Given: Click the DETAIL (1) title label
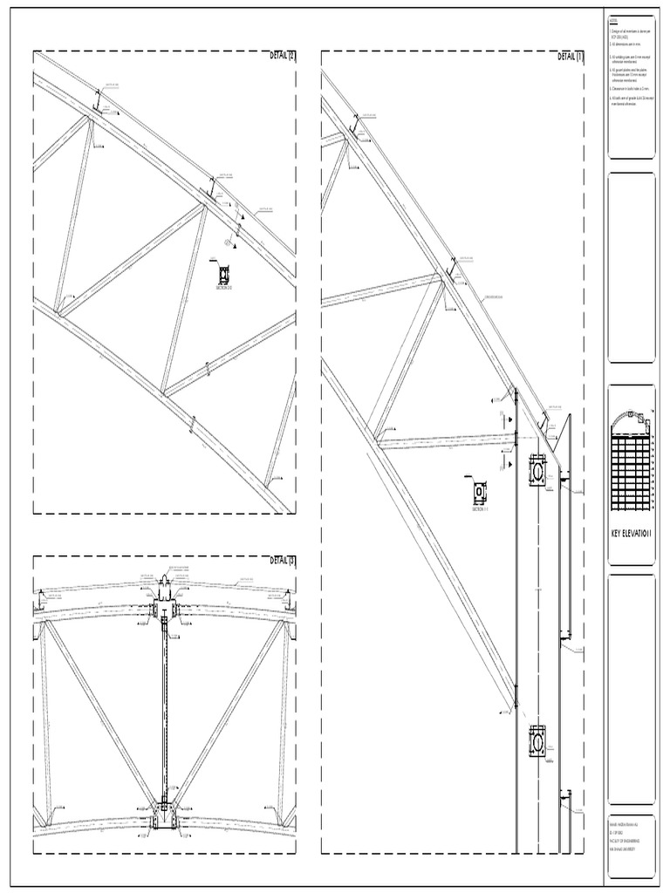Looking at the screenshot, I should tap(571, 57).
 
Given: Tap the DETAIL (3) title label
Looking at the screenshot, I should tap(283, 561).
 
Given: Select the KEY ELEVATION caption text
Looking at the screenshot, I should tap(631, 533).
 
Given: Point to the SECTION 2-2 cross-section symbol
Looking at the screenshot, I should tap(224, 274).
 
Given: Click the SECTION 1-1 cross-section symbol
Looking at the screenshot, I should tap(480, 493).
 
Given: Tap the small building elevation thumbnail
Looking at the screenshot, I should tap(631, 463).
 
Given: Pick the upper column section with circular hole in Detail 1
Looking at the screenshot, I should tap(537, 470).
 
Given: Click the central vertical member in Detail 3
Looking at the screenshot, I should tap(164, 706).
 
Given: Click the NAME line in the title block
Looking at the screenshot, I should tap(623, 826).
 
